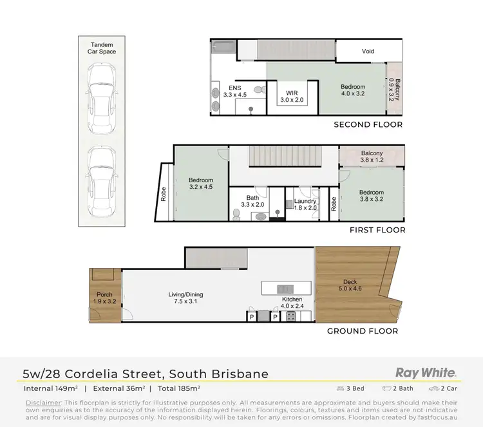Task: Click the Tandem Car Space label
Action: [102, 48]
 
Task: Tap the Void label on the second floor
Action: [368, 52]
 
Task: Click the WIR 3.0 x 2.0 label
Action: [292, 96]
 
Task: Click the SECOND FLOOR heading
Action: [368, 125]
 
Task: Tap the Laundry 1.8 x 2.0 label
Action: [306, 205]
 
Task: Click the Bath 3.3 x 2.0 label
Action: [252, 202]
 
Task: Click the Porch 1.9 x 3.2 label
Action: [104, 298]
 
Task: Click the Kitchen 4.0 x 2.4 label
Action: [291, 303]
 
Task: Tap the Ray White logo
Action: [425, 372]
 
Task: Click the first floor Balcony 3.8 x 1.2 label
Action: [372, 157]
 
